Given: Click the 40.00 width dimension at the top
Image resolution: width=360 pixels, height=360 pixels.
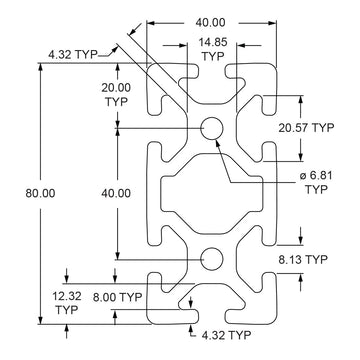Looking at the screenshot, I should (210, 21).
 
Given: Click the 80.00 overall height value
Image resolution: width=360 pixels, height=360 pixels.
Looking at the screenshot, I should (21, 192).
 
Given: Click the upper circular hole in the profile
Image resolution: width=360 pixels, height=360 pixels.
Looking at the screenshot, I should (211, 128).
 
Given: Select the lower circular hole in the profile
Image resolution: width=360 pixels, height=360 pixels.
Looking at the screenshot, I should (211, 258).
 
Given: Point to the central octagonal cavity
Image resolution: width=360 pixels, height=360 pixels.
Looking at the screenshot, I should (211, 192).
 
